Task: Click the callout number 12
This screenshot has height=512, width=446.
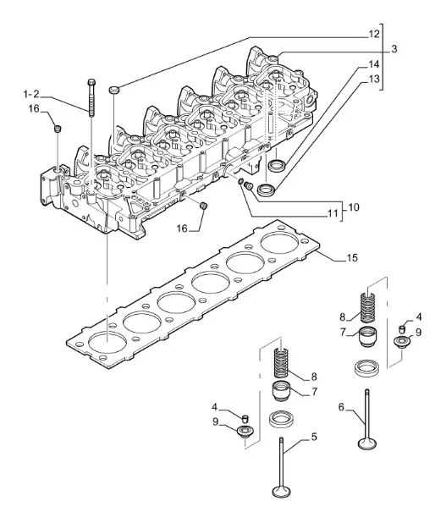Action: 374,34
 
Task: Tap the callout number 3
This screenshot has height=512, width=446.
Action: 394,49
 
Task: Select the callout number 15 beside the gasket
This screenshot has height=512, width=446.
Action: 352,258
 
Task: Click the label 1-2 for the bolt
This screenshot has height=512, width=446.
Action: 31,94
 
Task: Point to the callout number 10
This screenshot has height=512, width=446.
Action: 354,207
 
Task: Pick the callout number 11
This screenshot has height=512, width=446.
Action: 333,213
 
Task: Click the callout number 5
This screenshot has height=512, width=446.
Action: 314,437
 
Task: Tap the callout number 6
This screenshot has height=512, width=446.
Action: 341,407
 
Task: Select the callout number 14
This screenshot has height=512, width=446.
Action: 374,64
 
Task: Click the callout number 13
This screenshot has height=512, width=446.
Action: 374,79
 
